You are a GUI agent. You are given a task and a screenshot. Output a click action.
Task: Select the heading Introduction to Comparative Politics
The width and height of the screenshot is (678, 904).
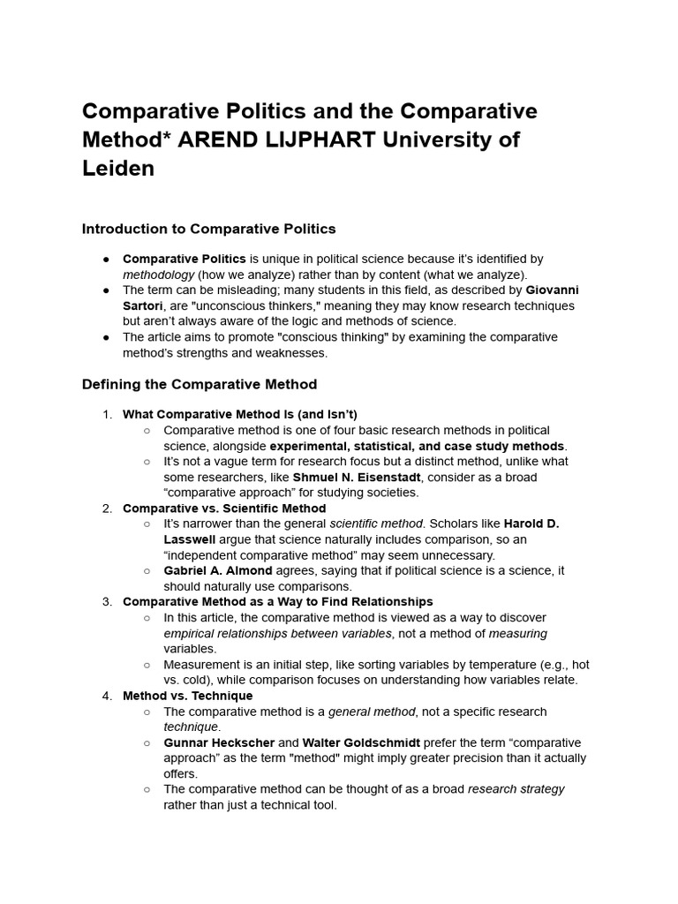coord(208,229)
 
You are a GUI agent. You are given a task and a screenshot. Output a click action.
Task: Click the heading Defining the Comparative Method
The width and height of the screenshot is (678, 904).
coord(199,384)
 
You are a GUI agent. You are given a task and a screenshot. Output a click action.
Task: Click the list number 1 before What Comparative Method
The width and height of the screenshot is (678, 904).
coord(106,414)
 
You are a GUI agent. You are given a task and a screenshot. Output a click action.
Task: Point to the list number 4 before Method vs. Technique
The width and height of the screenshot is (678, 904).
coord(106,696)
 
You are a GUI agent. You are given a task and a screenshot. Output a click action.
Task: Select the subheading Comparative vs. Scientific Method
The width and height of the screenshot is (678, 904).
coord(224,508)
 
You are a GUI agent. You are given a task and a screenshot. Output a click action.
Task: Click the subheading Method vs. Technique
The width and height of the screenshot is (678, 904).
coord(187,696)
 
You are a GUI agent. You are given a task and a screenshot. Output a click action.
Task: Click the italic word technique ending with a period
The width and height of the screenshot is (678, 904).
coord(192,727)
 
